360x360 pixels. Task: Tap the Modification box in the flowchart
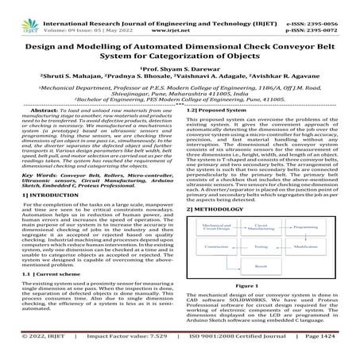pos(306,246)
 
